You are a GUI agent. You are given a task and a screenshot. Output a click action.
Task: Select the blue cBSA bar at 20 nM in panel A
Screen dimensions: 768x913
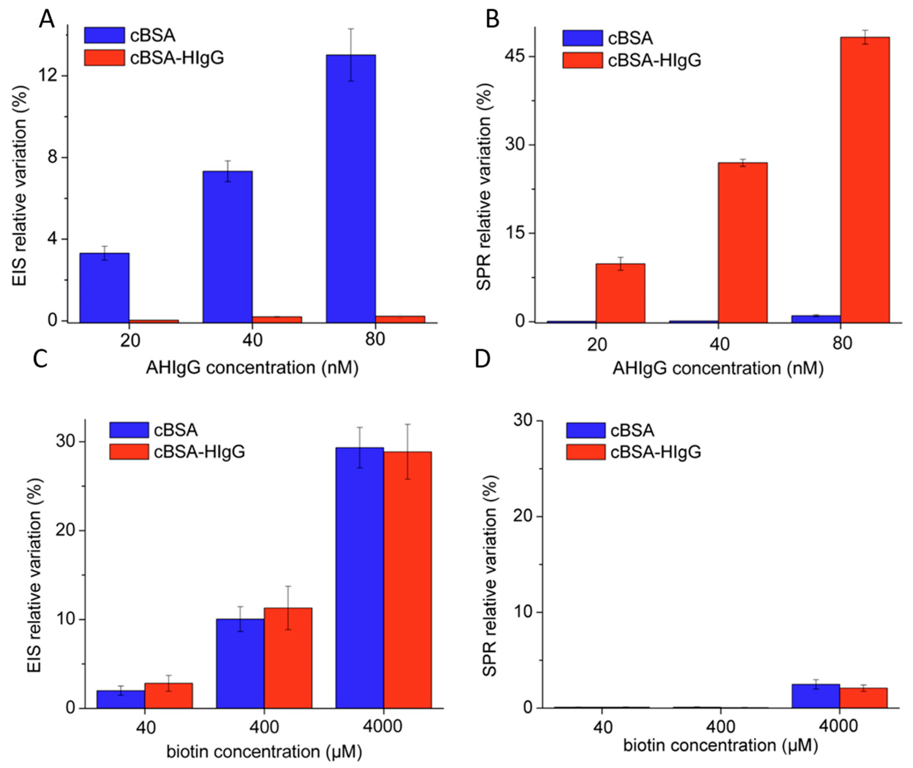pyautogui.click(x=104, y=287)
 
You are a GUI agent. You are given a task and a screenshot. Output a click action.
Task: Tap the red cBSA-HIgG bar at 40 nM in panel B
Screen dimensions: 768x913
pyautogui.click(x=743, y=242)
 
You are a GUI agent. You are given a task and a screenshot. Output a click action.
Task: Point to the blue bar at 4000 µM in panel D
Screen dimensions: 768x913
pyautogui.click(x=815, y=696)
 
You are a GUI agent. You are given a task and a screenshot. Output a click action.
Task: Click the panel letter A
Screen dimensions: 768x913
pyautogui.click(x=47, y=20)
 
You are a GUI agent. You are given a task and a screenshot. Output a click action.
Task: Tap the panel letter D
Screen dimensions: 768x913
pyautogui.click(x=482, y=359)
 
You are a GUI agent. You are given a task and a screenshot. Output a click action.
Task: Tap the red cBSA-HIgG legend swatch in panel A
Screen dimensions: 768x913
pyautogui.click(x=104, y=58)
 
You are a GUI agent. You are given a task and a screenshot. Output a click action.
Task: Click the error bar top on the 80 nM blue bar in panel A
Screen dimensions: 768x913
pyautogui.click(x=351, y=29)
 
